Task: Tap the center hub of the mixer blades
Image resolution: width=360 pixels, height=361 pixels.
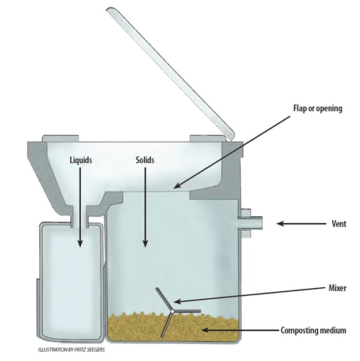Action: click(x=171, y=312)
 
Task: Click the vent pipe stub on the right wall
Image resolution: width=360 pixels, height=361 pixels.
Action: click(x=249, y=222)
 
